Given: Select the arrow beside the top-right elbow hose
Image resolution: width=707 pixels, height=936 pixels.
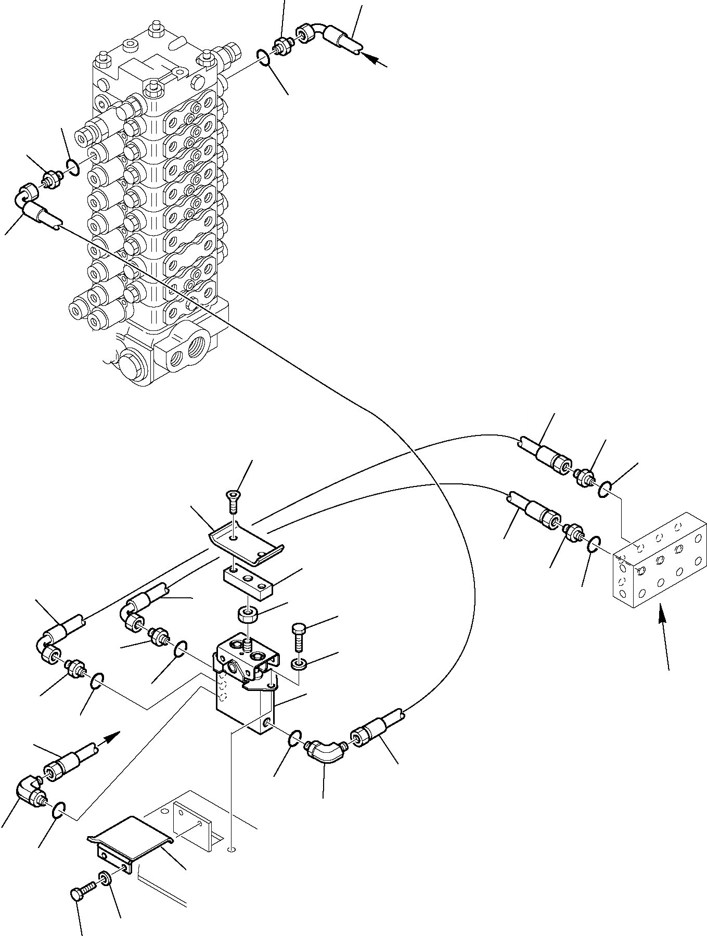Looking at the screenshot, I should click(x=375, y=60).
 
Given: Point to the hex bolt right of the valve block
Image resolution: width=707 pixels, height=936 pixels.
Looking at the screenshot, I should click(x=299, y=636).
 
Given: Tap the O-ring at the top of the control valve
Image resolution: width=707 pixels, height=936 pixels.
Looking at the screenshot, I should click(x=264, y=57).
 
